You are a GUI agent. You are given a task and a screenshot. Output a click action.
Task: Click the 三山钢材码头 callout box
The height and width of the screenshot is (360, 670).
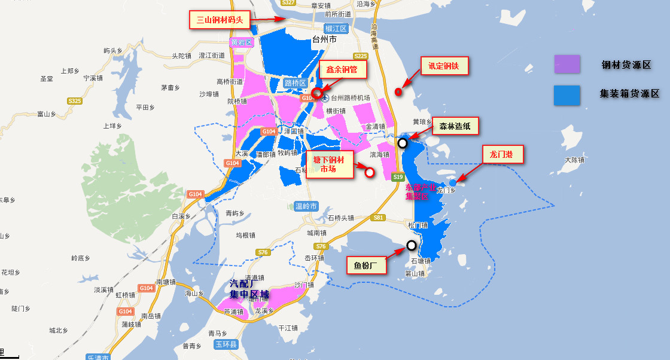click(x=220, y=20)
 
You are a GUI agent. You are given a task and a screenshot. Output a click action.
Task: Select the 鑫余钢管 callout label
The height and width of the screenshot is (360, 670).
click(x=342, y=69)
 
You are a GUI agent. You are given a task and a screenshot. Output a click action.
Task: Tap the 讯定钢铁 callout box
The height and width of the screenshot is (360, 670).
click(x=444, y=66)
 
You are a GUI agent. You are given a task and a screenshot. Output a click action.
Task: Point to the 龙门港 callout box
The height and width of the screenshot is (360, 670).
click(x=502, y=155)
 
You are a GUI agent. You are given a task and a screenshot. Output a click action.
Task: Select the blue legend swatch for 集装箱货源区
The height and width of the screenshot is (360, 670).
click(x=567, y=95)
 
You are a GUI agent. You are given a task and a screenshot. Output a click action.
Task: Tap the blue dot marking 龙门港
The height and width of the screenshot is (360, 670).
click(x=453, y=182)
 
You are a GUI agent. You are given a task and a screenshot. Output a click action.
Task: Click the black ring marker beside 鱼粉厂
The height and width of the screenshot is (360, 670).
click(x=412, y=245)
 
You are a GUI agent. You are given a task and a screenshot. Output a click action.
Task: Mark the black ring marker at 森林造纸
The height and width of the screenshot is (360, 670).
click(x=403, y=143)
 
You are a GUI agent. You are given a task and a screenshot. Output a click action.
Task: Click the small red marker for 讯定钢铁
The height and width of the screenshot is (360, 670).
click(x=398, y=91)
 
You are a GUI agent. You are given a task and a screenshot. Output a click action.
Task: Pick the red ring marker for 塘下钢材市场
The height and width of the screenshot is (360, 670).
click(x=370, y=173)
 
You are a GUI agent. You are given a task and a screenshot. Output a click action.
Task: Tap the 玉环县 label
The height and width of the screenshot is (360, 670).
click(x=227, y=344)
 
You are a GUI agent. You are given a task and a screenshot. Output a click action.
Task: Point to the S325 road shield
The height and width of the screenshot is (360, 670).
click(x=74, y=101)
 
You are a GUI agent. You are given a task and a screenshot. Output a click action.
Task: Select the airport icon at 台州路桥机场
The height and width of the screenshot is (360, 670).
click(x=324, y=97)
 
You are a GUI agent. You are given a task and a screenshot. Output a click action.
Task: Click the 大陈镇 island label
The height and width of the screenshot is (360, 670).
click(x=574, y=160)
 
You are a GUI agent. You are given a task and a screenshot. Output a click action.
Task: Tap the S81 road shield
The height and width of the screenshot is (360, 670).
click(x=377, y=218)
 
